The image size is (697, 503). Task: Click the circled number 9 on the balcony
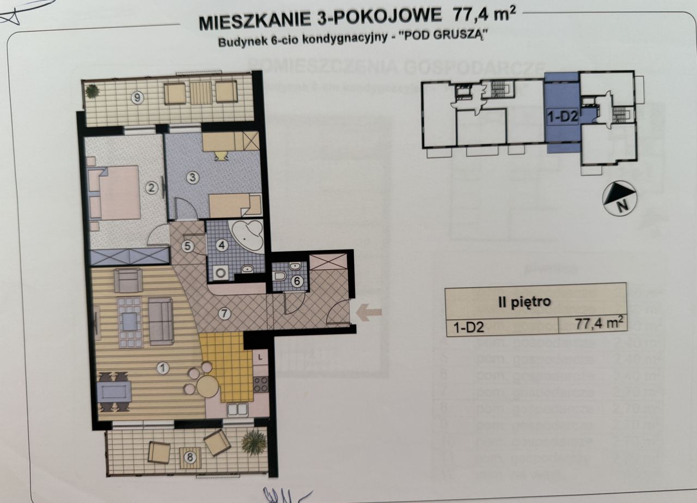pos(138,98)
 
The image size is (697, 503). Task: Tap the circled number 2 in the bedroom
pos(152,189)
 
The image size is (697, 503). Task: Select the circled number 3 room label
pos(192,177)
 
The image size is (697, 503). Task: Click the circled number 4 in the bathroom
pos(221,245)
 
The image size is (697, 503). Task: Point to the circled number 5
pos(188,246)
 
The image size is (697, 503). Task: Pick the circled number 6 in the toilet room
pos(297,281)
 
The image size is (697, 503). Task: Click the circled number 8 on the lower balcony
pos(189,458)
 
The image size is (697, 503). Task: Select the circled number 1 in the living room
pos(162,368)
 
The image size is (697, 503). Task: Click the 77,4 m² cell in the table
pos(598,325)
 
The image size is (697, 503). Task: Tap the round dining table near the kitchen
pos(207,386)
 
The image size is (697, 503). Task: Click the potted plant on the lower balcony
pos(254,442)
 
